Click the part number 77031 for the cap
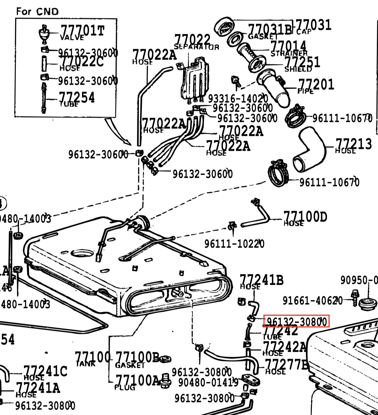click(x=313, y=25)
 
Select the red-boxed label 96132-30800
click(x=297, y=321)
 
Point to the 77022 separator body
click(x=195, y=79)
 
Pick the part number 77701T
click(x=82, y=30)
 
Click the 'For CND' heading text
click(x=37, y=12)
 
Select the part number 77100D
click(x=305, y=217)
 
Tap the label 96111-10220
click(x=234, y=243)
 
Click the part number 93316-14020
click(x=238, y=99)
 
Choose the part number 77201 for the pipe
click(x=316, y=85)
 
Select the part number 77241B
click(x=262, y=280)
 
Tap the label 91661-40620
click(x=312, y=300)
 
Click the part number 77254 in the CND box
click(x=77, y=97)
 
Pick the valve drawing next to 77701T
click(x=44, y=33)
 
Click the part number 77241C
click(x=45, y=371)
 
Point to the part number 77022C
click(x=82, y=62)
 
